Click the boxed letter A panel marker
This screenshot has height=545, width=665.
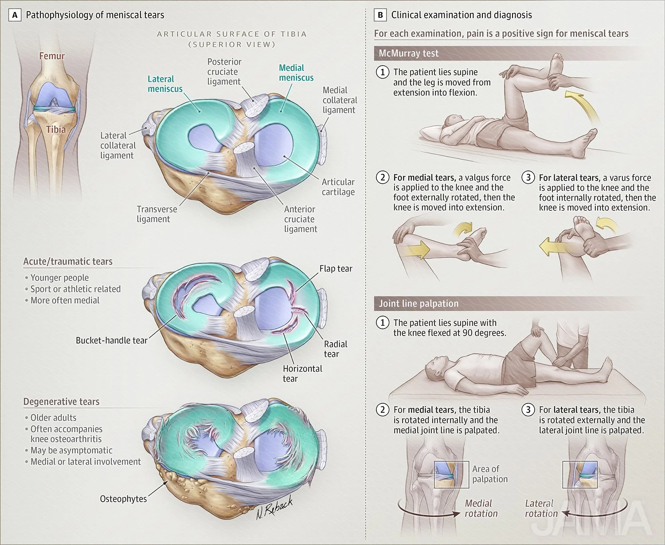(15, 15)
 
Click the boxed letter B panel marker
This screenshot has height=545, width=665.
(380, 15)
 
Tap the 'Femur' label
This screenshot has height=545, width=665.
(52, 56)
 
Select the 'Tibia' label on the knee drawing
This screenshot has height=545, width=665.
(56, 129)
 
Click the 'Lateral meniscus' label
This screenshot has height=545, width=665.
(165, 84)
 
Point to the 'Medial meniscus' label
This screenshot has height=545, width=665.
(296, 73)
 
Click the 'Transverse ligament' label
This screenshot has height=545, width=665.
(156, 214)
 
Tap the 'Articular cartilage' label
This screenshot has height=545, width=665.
(338, 187)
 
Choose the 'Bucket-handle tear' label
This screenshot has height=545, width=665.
(111, 340)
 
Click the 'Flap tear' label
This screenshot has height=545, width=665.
(336, 269)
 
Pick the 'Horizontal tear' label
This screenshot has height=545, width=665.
(302, 373)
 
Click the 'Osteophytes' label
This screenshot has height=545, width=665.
(123, 499)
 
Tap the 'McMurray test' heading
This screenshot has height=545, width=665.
(408, 54)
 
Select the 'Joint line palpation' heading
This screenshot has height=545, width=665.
(419, 304)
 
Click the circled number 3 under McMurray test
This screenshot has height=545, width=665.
(528, 178)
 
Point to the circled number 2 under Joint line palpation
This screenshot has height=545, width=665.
(383, 410)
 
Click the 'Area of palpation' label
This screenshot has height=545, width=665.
(489, 474)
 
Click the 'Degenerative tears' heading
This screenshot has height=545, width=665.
(61, 402)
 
